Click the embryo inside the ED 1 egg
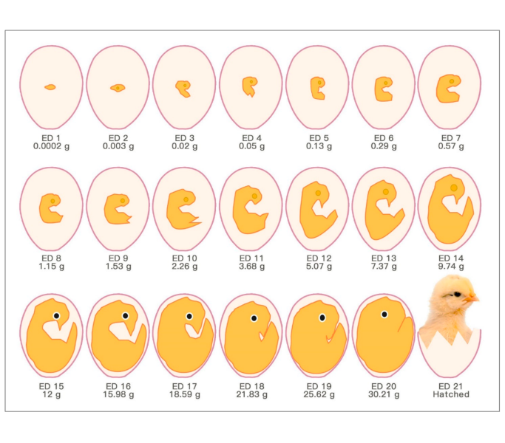(50, 87)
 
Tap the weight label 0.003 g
(117, 146)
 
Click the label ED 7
(450, 138)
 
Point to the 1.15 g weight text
(51, 266)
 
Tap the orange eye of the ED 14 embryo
(453, 188)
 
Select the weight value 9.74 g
(450, 266)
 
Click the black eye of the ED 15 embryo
(56, 315)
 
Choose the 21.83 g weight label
(251, 394)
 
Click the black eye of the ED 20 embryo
(384, 315)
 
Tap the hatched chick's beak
(472, 298)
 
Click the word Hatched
(450, 394)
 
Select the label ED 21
(450, 386)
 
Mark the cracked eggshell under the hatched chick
(449, 354)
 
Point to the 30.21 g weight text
(384, 394)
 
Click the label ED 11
(251, 258)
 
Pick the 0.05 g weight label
(251, 146)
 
